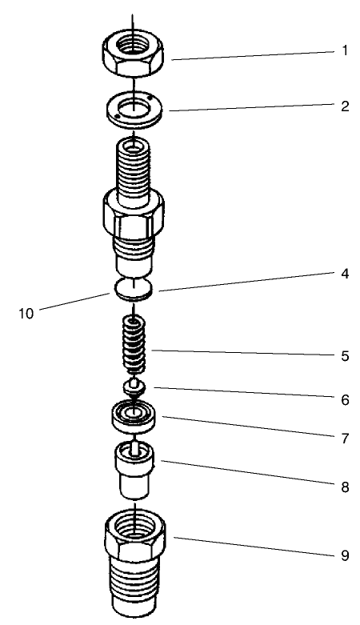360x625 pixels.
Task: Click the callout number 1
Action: click(345, 50)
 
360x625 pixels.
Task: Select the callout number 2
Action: click(345, 106)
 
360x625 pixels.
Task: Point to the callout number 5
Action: click(345, 356)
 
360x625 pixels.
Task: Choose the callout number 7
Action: click(345, 439)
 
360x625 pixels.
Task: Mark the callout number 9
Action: click(345, 555)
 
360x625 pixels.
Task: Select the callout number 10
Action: click(27, 312)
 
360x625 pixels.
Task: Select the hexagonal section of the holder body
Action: click(134, 211)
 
